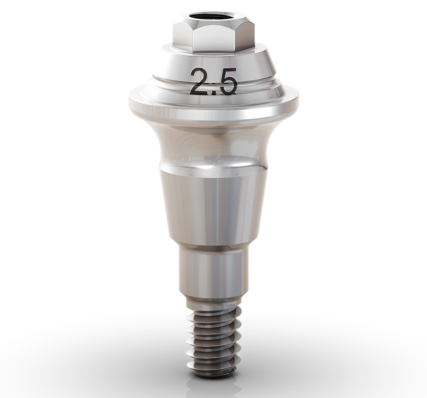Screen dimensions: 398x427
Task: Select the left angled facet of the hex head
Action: point(181,35)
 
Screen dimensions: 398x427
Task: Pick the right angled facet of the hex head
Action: point(245,35)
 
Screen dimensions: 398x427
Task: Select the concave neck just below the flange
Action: point(213,145)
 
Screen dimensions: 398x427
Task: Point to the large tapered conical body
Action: point(213,208)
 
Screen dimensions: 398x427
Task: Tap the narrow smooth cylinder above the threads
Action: point(213,274)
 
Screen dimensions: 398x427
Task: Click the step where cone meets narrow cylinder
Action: point(213,248)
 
